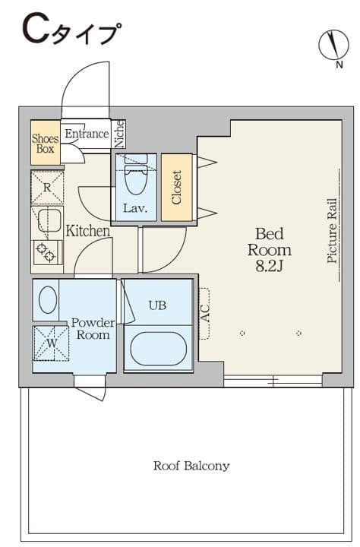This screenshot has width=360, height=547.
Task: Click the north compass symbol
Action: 334,45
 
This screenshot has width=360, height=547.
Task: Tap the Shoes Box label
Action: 46,144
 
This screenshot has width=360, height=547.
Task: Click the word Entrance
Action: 87,134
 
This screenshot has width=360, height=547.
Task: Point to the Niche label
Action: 120,134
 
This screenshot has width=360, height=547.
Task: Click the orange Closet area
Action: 177,188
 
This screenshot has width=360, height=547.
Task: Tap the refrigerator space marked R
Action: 47,188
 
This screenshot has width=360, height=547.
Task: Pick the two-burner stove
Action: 47,252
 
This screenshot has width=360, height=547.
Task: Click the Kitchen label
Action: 88,231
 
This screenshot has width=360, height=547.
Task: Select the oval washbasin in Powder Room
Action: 47,299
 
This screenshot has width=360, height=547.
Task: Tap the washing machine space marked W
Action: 51,343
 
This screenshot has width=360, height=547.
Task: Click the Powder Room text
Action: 93,329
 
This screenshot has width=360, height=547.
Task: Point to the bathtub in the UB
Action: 159,349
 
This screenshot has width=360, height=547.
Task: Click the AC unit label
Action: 206,313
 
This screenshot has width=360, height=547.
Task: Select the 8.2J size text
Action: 269,267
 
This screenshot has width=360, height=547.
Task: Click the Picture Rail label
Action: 332,231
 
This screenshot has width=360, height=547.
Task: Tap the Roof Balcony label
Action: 191,466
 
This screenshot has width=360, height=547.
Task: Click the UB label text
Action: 157,305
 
